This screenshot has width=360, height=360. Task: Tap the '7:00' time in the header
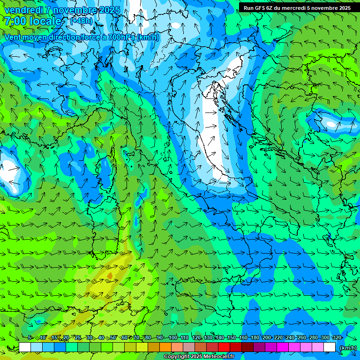(x=15, y=21)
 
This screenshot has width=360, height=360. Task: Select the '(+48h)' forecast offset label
(x=81, y=21)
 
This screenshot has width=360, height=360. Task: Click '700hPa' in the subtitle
(x=121, y=37)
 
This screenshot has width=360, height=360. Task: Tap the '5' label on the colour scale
(x=30, y=337)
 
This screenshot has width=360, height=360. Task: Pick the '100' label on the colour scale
(x=173, y=337)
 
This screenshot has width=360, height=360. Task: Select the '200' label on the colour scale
(x=267, y=337)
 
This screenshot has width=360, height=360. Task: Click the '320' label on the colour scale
(x=337, y=337)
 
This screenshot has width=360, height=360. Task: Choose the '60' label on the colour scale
(x=124, y=337)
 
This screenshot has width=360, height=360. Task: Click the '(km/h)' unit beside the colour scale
(x=347, y=347)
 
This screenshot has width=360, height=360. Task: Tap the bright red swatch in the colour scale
(x=224, y=347)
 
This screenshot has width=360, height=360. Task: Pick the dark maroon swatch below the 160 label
(x=247, y=347)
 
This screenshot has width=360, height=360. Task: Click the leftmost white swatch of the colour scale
(x=25, y=347)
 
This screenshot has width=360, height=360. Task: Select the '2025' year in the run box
(x=342, y=7)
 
